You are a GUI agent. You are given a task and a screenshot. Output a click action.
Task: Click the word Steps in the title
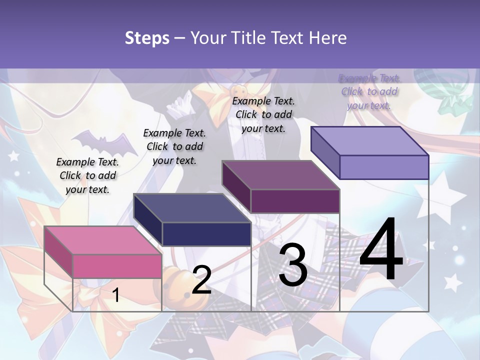click(147, 38)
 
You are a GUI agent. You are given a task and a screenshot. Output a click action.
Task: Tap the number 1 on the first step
click(115, 295)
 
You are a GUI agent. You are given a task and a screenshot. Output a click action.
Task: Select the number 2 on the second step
click(201, 280)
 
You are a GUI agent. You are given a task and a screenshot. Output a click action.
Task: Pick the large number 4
click(381, 249)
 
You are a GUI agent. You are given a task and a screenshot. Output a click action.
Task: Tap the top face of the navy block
click(192, 207)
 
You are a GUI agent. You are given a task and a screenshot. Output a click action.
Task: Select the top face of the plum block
click(280, 175)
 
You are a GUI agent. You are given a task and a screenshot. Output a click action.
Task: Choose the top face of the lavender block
click(370, 141)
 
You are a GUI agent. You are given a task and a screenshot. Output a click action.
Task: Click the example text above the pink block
click(87, 175)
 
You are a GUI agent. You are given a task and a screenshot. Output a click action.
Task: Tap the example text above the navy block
click(174, 146)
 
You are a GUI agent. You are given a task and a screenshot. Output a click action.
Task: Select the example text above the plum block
click(263, 114)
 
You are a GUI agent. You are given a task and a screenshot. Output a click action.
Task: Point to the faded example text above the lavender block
click(369, 91)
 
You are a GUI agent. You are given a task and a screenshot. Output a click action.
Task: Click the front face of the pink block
click(117, 266)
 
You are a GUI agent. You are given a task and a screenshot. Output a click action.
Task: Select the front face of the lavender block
click(384, 167)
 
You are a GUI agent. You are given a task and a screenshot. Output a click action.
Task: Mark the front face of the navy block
click(206, 234)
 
